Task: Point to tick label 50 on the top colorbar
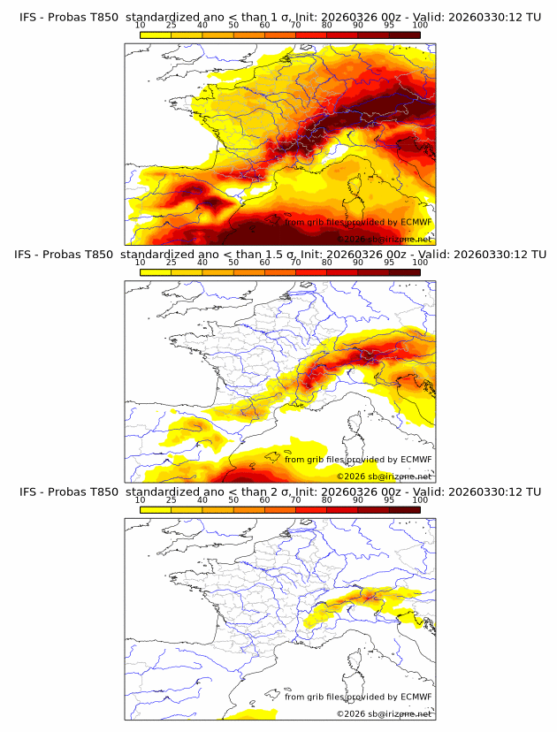pos(233,26)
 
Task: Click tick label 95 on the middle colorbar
pos(389,263)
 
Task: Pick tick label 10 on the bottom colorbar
pos(141,499)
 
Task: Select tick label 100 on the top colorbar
pos(420,26)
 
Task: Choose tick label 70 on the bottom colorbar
pos(296,499)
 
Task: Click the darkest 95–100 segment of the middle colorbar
pos(404,271)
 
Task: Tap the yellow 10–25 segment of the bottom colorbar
pos(156,508)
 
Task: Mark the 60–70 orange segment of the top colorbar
pos(280,34)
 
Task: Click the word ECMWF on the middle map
pos(416,459)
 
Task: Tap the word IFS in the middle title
pos(28,255)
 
